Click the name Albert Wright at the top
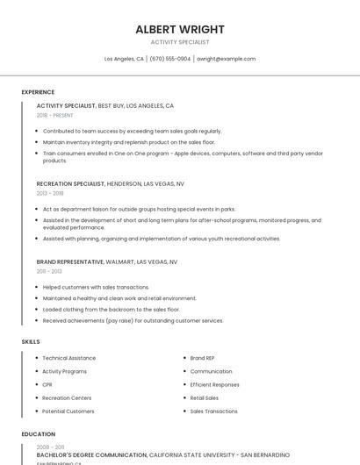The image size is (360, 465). (179, 29)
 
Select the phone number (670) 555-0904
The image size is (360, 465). (170, 59)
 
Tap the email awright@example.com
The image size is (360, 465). (226, 59)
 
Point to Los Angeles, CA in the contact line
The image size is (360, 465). (124, 59)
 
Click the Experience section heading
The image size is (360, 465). (38, 92)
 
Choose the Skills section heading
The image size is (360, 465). (30, 341)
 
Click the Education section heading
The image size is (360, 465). (38, 434)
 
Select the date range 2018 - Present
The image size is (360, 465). (54, 115)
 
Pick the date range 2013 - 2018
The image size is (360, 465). (50, 193)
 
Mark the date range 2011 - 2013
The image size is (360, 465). (49, 271)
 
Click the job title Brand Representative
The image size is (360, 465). (69, 261)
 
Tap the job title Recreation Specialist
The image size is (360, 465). (70, 184)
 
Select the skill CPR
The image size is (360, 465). (47, 384)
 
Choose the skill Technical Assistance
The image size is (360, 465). (68, 358)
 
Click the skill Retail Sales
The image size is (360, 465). (205, 397)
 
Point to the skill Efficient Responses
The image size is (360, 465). (214, 384)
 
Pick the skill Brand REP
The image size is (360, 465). (203, 358)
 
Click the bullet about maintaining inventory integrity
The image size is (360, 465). (128, 141)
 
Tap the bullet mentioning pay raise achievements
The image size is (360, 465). (133, 320)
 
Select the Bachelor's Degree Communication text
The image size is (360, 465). (91, 455)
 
